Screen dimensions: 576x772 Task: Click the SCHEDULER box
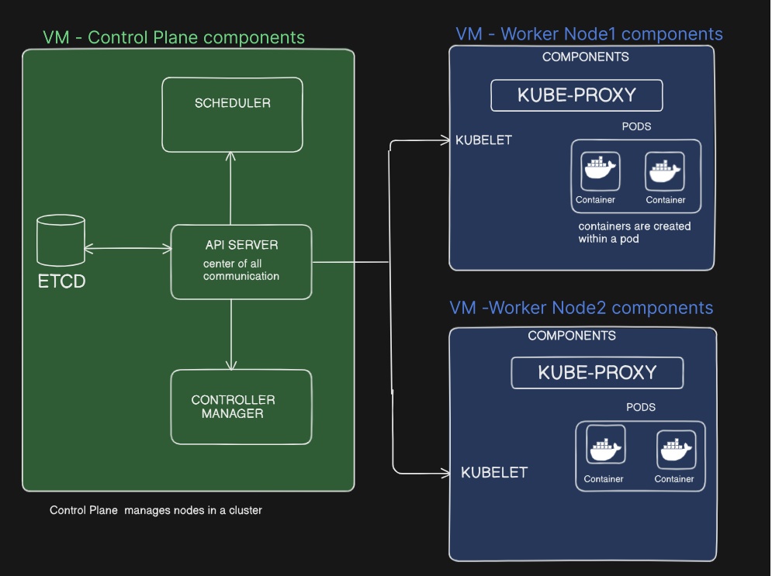(232, 114)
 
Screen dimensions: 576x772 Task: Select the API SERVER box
(241, 261)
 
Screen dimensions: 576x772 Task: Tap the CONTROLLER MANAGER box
(241, 406)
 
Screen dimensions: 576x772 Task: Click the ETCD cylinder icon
(60, 241)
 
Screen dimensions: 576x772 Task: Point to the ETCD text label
(61, 281)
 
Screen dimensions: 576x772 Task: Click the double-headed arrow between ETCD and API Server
(127, 249)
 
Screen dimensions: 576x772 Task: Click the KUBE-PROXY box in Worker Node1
(576, 95)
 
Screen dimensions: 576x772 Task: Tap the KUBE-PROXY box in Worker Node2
(597, 373)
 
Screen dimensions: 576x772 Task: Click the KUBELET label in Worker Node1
(483, 140)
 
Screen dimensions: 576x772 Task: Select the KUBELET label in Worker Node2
(494, 472)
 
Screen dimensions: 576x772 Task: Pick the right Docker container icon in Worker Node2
(676, 449)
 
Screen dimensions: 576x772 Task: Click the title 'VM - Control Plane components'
(174, 37)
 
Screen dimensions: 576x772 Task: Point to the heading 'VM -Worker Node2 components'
(580, 308)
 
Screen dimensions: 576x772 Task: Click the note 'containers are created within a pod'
(634, 233)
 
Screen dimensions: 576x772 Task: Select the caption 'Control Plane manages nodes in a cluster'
(156, 510)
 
